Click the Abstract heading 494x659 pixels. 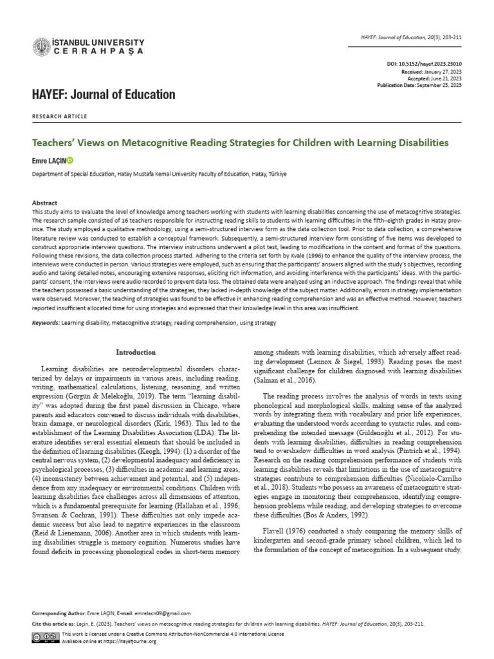45,202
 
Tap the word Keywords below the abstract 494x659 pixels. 46,322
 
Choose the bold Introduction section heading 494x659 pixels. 135,352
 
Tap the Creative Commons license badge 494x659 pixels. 45,636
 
